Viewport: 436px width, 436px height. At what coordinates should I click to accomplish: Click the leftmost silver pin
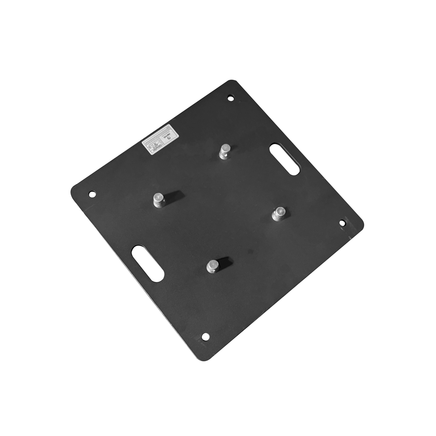point(159,200)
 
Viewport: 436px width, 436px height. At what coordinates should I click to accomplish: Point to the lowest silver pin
point(213,266)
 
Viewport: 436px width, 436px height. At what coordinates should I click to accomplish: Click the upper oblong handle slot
point(284,159)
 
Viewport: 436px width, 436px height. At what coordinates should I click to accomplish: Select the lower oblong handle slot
point(147,263)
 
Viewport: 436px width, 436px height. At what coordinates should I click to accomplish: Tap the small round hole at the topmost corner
point(231,98)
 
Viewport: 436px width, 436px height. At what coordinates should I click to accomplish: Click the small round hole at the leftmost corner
point(92,194)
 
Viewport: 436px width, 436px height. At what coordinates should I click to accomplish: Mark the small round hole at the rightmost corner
point(342,223)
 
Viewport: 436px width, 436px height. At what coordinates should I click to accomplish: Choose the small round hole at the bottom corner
point(205,336)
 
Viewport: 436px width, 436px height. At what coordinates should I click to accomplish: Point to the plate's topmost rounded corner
point(232,82)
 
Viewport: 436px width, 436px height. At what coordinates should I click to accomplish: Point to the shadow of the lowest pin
point(225,262)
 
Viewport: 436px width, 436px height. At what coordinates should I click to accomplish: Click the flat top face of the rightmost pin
point(279,210)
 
